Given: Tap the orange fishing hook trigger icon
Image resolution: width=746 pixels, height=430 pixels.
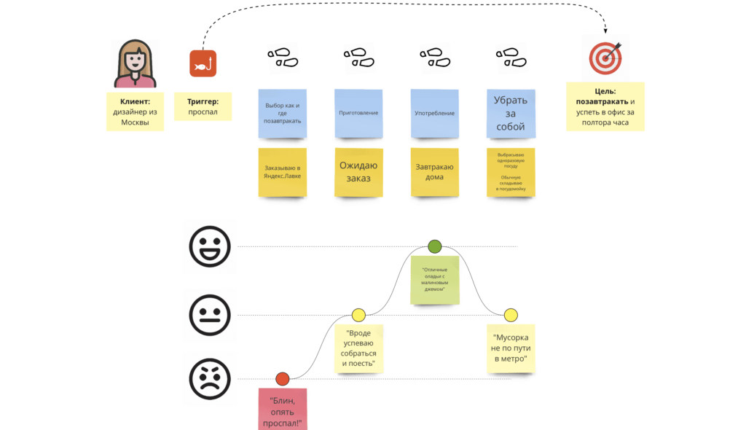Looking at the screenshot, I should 203,63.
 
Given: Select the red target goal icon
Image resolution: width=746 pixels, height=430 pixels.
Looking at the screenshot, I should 605,57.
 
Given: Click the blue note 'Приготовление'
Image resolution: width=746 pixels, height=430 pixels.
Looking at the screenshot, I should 358,114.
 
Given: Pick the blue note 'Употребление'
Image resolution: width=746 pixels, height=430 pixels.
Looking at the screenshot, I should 435,114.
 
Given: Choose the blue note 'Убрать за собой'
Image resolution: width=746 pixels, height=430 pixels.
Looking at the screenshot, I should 511,114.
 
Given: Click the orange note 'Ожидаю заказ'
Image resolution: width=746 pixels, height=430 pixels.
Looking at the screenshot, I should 358,172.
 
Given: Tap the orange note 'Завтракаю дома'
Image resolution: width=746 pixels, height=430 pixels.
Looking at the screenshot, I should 435,172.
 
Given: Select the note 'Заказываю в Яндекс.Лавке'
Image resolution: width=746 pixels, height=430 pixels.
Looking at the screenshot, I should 283,172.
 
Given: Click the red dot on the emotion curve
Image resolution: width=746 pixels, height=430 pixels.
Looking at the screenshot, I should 283,378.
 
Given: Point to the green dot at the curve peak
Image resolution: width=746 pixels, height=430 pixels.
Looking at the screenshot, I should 435,246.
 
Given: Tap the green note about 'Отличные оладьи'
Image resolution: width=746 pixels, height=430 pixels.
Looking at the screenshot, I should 435,280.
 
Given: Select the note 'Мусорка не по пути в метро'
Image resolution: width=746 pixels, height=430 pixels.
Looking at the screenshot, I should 511,348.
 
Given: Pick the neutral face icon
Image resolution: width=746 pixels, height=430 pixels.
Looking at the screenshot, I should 210,315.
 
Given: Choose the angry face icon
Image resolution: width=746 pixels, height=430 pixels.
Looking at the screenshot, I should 210,379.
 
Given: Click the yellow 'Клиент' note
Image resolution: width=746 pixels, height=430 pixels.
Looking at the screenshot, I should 135,112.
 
